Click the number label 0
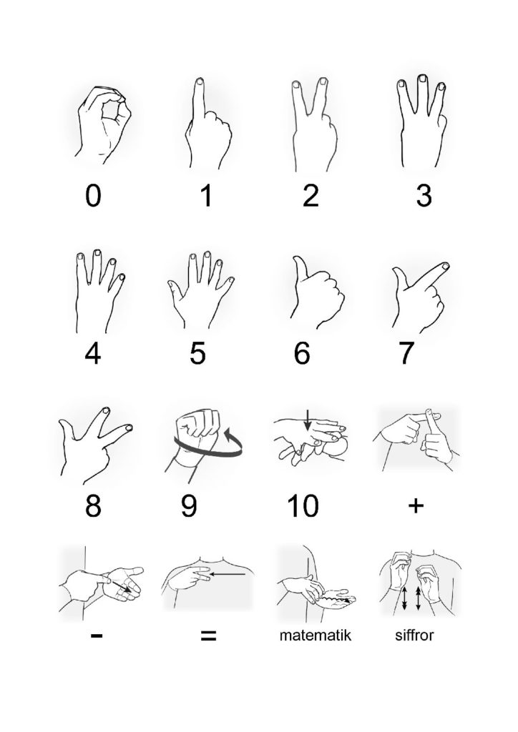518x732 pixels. [x=93, y=196]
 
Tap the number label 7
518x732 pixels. [x=406, y=353]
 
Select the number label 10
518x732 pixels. [x=303, y=506]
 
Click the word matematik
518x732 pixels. [x=316, y=635]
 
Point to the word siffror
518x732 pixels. [x=414, y=635]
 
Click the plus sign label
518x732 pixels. [x=416, y=505]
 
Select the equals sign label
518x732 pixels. [x=208, y=635]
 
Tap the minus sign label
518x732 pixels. [x=97, y=635]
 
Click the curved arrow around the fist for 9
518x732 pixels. [x=208, y=451]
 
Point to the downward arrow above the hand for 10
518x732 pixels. [x=308, y=419]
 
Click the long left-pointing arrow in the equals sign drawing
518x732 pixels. [x=228, y=574]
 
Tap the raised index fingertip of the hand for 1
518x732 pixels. [x=200, y=81]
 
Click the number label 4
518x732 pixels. [x=93, y=353]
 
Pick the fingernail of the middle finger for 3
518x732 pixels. [x=422, y=79]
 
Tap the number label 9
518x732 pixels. [x=189, y=506]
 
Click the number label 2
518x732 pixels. [x=311, y=196]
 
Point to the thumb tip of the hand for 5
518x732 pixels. [x=171, y=283]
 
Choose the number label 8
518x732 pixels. [x=93, y=506]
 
